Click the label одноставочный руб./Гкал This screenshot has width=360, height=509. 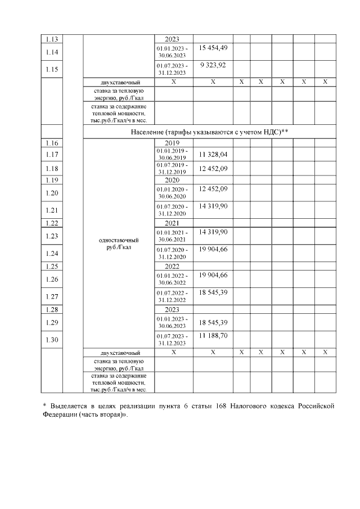[x=118, y=244]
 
